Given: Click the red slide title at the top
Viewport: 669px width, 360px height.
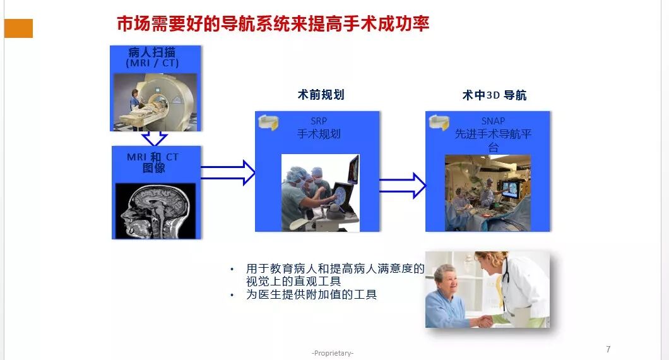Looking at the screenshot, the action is point(273,24).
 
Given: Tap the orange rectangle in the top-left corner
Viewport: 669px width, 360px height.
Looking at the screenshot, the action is point(18,28).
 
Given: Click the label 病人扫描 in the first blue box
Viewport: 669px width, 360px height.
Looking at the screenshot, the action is point(155,52).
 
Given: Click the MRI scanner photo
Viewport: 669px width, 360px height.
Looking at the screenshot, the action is point(155,102).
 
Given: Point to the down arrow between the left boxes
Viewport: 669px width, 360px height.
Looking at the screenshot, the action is point(155,138).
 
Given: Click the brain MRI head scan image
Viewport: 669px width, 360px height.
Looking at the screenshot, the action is point(155,210).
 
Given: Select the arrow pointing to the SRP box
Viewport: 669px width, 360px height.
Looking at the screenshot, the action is point(227,172).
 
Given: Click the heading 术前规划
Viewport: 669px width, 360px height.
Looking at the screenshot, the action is point(321,95).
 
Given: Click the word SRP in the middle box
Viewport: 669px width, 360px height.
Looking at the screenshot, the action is point(319,121).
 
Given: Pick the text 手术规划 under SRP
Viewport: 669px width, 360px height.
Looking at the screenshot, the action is point(319,133).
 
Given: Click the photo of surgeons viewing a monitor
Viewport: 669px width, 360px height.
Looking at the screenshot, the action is point(320,192).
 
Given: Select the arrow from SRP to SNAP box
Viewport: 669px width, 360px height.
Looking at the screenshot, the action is point(402,186).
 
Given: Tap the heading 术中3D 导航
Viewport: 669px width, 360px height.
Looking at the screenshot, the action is point(494,95).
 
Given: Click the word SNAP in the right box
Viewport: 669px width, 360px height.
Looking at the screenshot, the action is point(493,121).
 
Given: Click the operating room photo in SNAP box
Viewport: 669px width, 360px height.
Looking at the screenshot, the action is point(487,192).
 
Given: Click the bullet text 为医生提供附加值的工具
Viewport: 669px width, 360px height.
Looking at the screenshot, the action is point(311,294).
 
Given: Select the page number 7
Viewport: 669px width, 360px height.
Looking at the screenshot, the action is point(608,349).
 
